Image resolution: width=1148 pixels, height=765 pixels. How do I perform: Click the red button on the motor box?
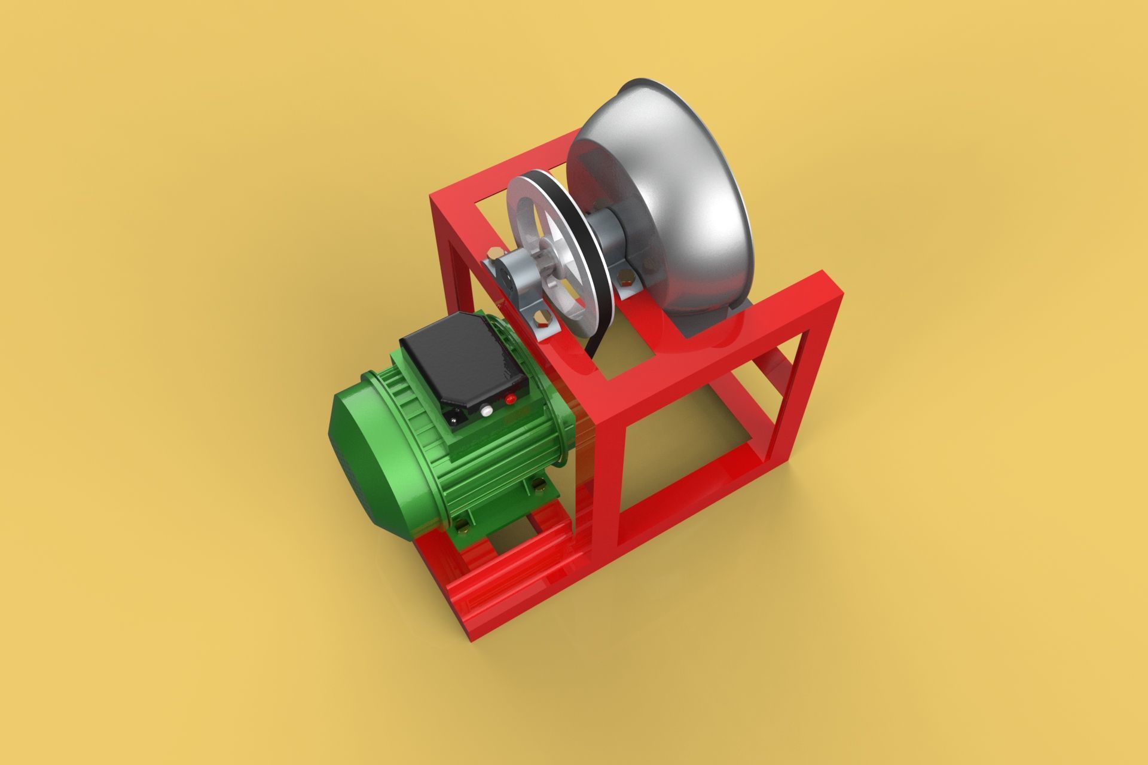pos(510,399)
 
